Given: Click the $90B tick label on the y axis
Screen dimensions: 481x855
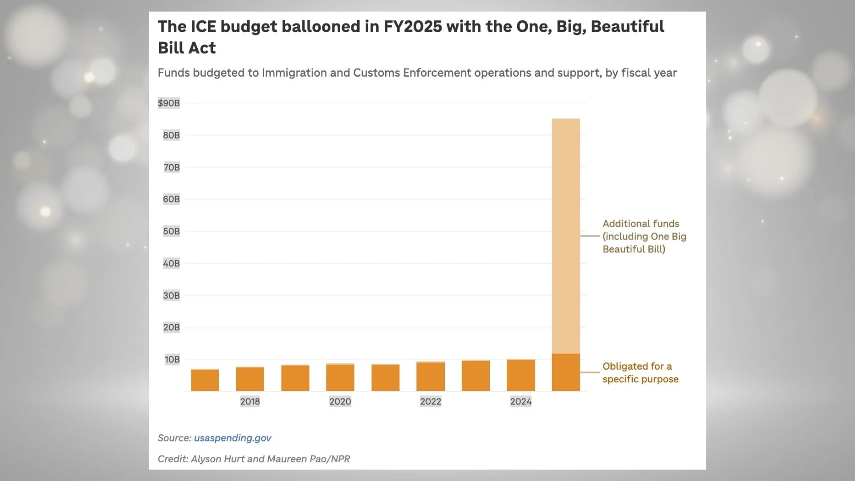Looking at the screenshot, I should pyautogui.click(x=169, y=103).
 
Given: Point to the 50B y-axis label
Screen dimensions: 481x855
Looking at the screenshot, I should pyautogui.click(x=171, y=231).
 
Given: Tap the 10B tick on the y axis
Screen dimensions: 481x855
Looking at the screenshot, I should pyautogui.click(x=172, y=359).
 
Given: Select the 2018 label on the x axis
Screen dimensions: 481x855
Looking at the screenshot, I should pyautogui.click(x=250, y=401).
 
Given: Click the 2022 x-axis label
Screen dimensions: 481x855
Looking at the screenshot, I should pyautogui.click(x=431, y=401).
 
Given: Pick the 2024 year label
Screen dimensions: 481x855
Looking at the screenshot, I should pyautogui.click(x=521, y=401).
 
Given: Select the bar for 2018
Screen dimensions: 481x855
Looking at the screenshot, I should pyautogui.click(x=250, y=379).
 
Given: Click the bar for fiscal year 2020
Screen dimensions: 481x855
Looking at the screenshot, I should pyautogui.click(x=340, y=377).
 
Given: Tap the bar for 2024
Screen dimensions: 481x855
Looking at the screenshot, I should pyautogui.click(x=521, y=375).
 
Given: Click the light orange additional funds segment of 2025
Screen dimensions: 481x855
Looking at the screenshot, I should pyautogui.click(x=566, y=236).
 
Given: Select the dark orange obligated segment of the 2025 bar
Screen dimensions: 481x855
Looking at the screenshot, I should pyautogui.click(x=566, y=372).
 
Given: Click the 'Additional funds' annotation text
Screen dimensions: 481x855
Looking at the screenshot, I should pyautogui.click(x=644, y=236).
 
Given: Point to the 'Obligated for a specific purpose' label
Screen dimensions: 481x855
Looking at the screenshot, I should pyautogui.click(x=640, y=372).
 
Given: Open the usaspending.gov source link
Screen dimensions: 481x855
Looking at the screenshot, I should pyautogui.click(x=232, y=438).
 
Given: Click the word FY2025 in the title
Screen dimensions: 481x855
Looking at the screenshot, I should pyautogui.click(x=413, y=27).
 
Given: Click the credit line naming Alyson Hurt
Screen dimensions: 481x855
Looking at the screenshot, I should pyautogui.click(x=254, y=459).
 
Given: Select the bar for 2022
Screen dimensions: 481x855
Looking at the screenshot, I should pyautogui.click(x=431, y=376).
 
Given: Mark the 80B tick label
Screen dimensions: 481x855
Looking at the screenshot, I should pyautogui.click(x=171, y=135).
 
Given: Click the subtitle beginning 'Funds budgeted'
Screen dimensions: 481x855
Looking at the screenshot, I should pyautogui.click(x=417, y=73).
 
